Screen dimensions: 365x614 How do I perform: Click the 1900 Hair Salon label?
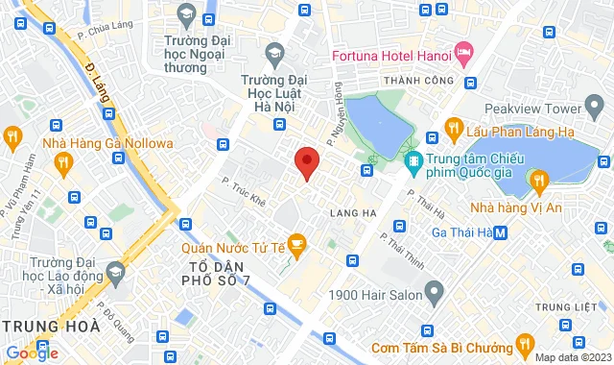377,288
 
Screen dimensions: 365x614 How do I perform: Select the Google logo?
32,353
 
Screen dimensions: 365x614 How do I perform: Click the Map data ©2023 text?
571,357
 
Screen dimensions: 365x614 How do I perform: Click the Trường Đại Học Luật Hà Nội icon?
275,51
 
